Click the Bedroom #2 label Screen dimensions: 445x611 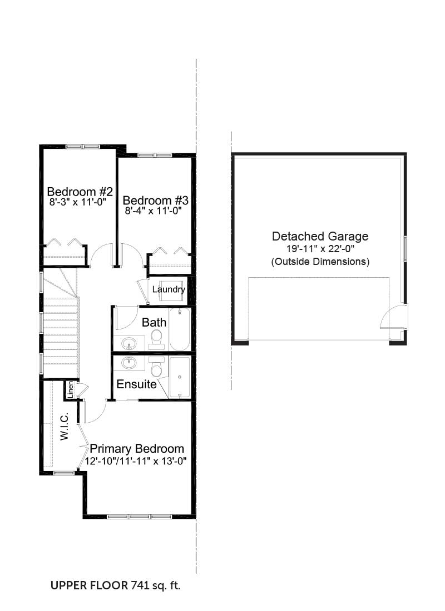[x=80, y=192]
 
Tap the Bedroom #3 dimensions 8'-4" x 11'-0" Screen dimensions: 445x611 [x=154, y=211]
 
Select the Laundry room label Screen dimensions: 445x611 [x=169, y=289]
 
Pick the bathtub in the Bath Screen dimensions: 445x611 [x=180, y=329]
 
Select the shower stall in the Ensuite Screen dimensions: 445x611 [x=180, y=377]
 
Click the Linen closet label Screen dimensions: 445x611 [x=70, y=390]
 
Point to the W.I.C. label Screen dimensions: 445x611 [x=65, y=426]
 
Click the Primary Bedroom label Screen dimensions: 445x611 [x=137, y=449]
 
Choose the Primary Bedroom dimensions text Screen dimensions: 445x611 [x=136, y=462]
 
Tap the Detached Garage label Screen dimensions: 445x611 [x=320, y=236]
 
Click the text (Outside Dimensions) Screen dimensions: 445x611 [x=320, y=261]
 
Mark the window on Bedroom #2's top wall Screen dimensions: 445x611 [x=83, y=147]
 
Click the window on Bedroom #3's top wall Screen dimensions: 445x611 [x=155, y=155]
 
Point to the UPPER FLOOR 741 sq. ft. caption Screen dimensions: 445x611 [x=116, y=585]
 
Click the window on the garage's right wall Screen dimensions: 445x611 [x=405, y=249]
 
